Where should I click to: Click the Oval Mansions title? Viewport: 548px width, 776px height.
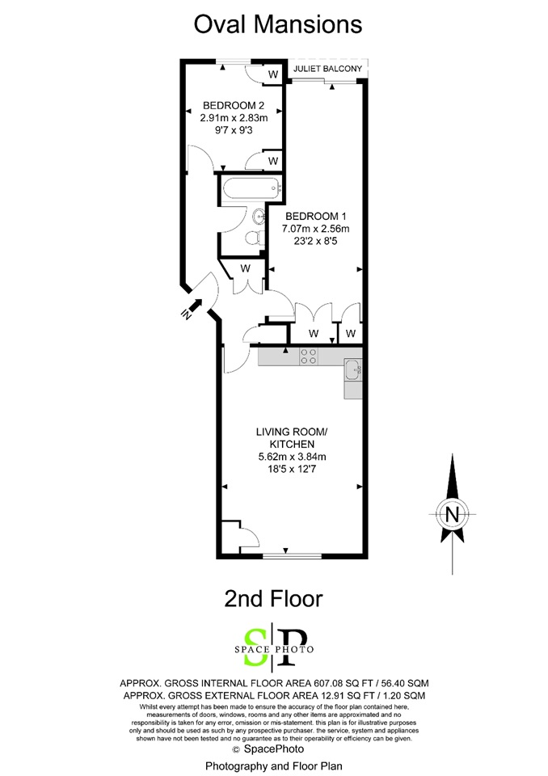click(x=278, y=24)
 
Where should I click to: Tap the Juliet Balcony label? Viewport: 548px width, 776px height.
click(x=327, y=69)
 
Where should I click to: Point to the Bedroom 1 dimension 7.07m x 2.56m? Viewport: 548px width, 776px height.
click(x=316, y=229)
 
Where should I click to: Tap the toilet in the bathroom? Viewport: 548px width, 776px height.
click(x=254, y=237)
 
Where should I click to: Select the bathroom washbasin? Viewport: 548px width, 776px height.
click(x=258, y=215)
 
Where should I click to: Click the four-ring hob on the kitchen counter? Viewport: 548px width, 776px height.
click(x=309, y=356)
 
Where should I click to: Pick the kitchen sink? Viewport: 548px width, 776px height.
click(x=353, y=369)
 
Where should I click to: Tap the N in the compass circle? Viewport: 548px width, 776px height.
click(x=452, y=515)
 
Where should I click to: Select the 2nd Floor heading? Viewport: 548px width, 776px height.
click(x=273, y=598)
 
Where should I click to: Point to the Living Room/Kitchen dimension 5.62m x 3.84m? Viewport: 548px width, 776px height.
click(x=292, y=457)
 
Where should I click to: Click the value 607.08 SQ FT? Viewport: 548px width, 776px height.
click(x=349, y=684)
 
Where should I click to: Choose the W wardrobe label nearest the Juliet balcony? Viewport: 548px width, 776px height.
click(x=273, y=74)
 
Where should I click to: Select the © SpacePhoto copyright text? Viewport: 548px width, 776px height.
click(x=268, y=749)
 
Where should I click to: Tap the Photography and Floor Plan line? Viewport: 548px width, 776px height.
click(x=274, y=766)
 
